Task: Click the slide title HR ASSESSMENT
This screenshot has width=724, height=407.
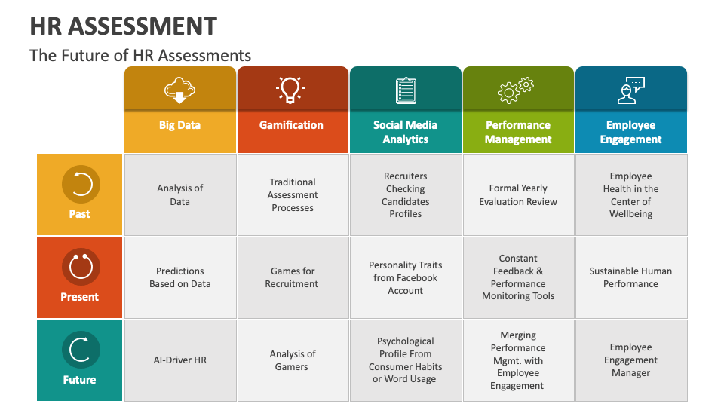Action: [x=124, y=26]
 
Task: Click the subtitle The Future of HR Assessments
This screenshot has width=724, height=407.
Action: [x=140, y=55]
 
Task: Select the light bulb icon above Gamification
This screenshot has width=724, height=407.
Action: [x=292, y=89]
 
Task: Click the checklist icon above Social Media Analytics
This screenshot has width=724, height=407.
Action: [x=406, y=90]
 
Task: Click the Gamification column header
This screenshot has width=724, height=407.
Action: [x=292, y=125]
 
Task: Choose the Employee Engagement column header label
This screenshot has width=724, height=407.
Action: [x=630, y=132]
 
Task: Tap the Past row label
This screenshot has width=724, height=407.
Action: [x=79, y=214]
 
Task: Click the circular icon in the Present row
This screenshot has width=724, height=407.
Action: [x=79, y=267]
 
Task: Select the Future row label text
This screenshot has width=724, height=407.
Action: [x=79, y=380]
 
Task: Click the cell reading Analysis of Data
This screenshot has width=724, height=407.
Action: [x=180, y=194]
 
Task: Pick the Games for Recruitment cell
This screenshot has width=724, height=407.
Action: [x=292, y=277]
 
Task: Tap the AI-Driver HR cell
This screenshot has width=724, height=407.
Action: [x=180, y=360]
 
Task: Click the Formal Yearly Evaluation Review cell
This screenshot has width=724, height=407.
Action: [x=518, y=194]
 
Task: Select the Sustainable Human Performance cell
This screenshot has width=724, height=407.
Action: [x=630, y=277]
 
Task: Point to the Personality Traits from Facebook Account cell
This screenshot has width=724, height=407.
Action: [x=406, y=277]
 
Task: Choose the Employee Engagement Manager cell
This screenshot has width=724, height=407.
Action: [x=630, y=360]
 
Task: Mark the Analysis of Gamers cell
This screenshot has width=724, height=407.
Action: [x=292, y=360]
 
